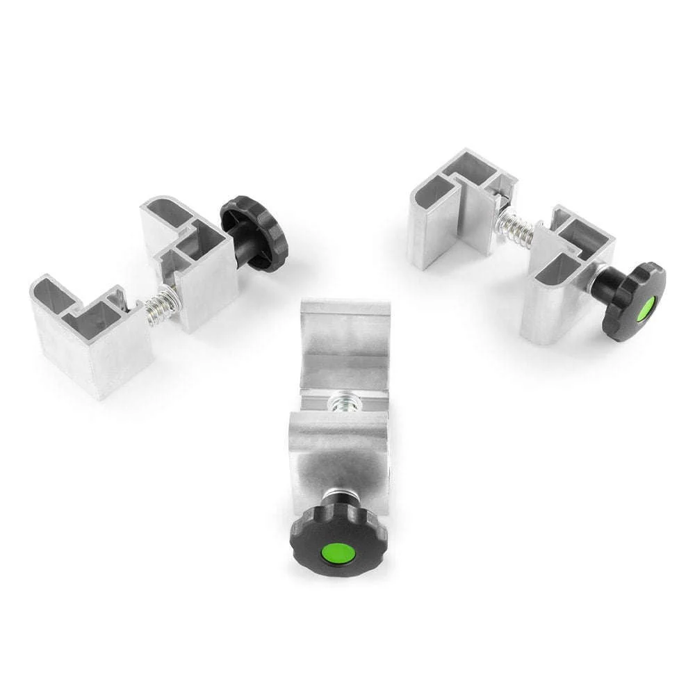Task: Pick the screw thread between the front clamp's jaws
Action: click(x=342, y=403)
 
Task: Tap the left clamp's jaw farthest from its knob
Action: click(x=90, y=334)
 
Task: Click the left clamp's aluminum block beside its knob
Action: click(x=198, y=271)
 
